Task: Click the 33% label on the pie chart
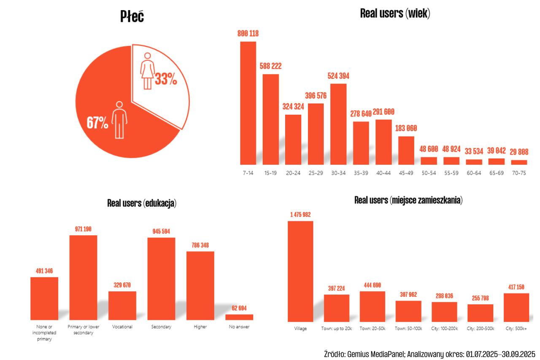pos(166,79)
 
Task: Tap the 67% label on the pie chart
pos(97,123)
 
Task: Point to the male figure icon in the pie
pos(119,119)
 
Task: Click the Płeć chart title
pos(132,16)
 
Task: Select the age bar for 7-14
pos(248,103)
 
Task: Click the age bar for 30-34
pos(338,124)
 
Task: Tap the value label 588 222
pos(270,66)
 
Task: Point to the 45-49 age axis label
pos(406,173)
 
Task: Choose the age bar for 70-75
pos(519,162)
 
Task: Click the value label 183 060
pos(406,129)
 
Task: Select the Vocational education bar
pos(122,305)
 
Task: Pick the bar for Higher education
pos(200,285)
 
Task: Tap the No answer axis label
pos(239,327)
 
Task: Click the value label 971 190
pos(83,229)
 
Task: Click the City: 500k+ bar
pos(516,307)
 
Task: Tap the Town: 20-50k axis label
pos(372,328)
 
